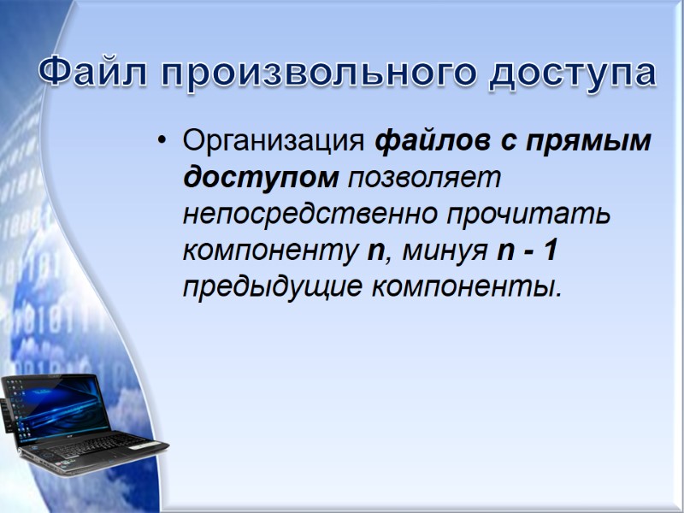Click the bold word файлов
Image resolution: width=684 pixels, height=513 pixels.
[x=429, y=141]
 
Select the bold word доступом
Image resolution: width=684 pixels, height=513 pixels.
[x=261, y=178]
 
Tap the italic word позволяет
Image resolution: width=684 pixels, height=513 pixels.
[x=420, y=178]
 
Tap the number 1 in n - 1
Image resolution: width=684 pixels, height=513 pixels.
[x=552, y=251]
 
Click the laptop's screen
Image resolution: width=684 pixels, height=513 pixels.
[x=57, y=407]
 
